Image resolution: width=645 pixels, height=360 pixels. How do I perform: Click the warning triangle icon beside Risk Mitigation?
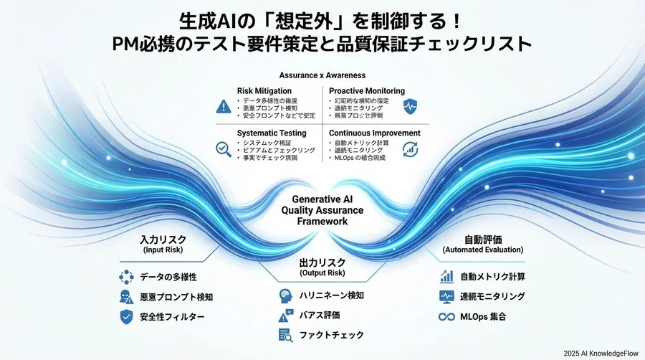tap(223, 106)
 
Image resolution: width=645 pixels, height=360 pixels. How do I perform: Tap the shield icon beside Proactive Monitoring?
tap(411, 106)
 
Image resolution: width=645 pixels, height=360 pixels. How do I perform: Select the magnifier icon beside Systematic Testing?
tap(223, 148)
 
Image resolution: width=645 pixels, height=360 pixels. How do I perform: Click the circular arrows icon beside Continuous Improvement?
tap(411, 148)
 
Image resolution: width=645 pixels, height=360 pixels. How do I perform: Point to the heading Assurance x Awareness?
tap(322, 75)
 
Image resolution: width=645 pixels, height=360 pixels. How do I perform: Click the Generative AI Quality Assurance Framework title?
tap(322, 210)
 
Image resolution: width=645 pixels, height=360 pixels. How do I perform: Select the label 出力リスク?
tap(322, 263)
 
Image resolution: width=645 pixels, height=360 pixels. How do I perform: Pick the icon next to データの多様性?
tap(127, 278)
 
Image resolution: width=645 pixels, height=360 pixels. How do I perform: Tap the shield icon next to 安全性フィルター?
tap(127, 316)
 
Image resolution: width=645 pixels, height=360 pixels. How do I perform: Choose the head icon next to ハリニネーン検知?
tap(285, 295)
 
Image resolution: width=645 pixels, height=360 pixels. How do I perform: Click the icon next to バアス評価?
tap(285, 315)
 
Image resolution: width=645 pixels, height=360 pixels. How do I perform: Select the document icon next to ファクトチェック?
tap(285, 334)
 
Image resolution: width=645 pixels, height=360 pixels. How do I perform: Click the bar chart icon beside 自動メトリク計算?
tap(446, 276)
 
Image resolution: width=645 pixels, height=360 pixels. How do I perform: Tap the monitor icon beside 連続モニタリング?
tap(446, 296)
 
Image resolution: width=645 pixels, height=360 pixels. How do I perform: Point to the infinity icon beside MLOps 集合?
tap(446, 316)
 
